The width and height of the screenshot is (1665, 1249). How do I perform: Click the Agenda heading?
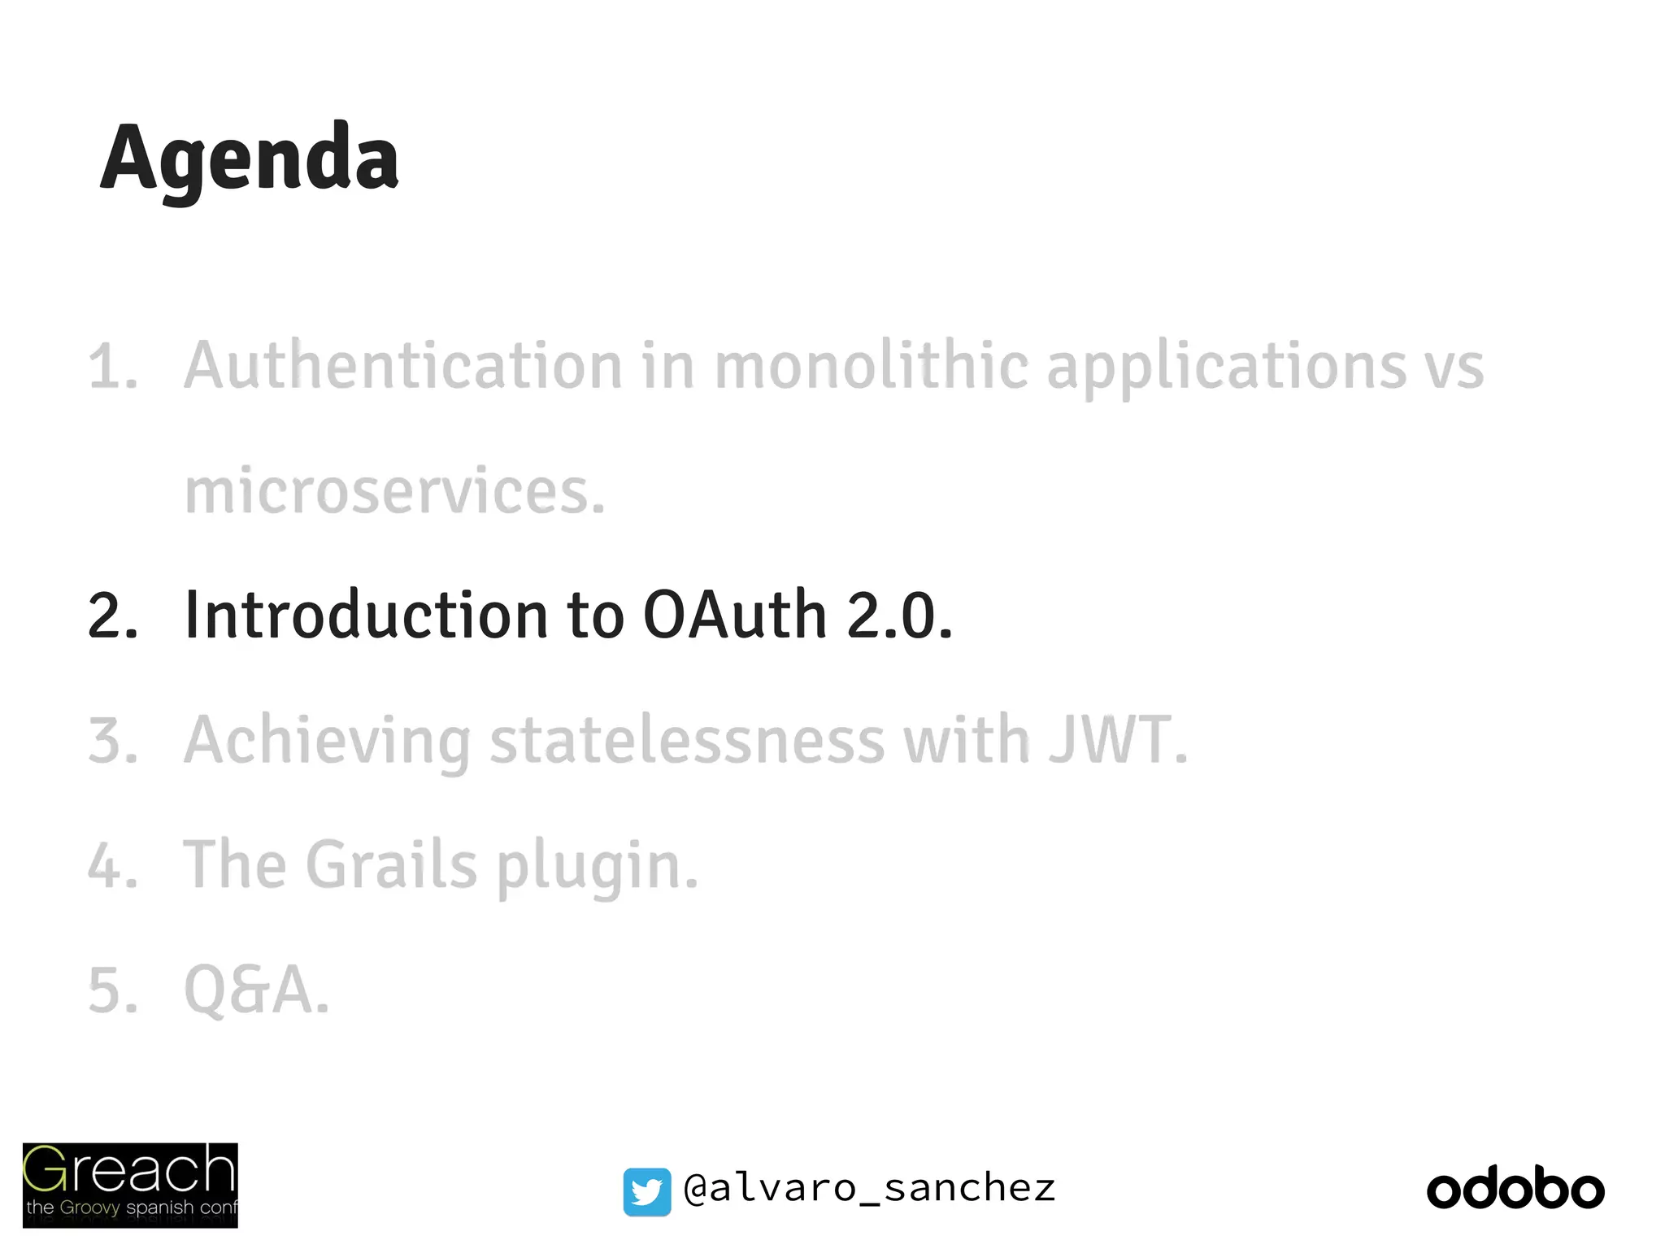pos(250,159)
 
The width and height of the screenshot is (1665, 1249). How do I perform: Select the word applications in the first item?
pos(1226,368)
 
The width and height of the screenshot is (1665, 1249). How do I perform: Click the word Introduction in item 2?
pos(366,615)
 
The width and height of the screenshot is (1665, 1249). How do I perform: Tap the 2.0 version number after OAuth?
pos(898,615)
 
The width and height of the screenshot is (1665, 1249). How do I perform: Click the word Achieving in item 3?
pos(327,742)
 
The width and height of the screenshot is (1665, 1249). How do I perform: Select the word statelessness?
pos(687,740)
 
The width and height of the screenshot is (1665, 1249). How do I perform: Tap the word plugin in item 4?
pos(597,867)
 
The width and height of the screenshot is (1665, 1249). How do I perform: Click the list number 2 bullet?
pos(112,616)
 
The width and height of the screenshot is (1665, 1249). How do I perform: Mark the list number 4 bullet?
pos(112,865)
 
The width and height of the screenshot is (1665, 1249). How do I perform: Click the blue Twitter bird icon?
pos(647,1191)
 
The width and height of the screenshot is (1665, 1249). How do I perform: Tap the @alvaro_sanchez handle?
pos(869,1189)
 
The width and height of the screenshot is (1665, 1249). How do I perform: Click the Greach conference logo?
pos(130,1184)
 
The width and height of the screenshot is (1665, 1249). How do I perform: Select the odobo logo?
pos(1515,1189)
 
